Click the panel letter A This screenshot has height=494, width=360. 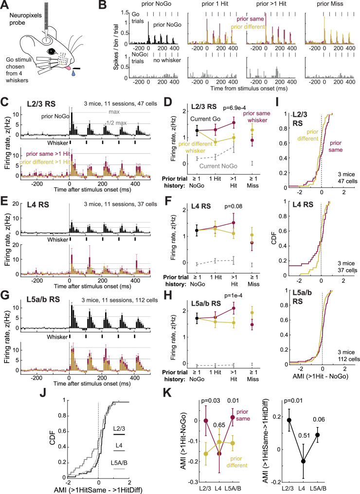click(5, 5)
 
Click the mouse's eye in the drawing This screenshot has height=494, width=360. click(50, 51)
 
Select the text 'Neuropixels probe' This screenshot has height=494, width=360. click(25, 19)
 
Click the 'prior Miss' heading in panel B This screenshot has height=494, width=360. click(329, 4)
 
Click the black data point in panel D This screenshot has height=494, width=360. click(197, 130)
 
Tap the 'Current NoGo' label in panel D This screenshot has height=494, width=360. click(218, 166)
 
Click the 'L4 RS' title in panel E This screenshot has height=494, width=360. click(37, 205)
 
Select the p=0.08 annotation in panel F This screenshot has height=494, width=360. click(233, 206)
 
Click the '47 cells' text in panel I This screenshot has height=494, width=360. click(347, 181)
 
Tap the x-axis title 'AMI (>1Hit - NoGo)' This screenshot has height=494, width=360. click(320, 376)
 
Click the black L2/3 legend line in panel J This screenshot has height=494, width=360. click(119, 435)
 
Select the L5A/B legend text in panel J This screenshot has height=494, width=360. click(119, 463)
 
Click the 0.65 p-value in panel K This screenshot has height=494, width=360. click(219, 425)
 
